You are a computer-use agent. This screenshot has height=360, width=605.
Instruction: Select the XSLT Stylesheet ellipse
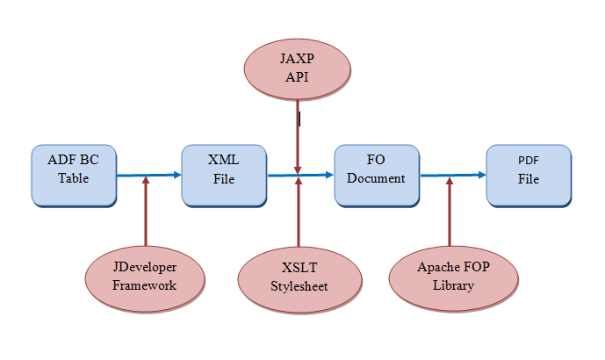[299, 279]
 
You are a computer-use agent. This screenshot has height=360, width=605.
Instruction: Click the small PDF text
[528, 161]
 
